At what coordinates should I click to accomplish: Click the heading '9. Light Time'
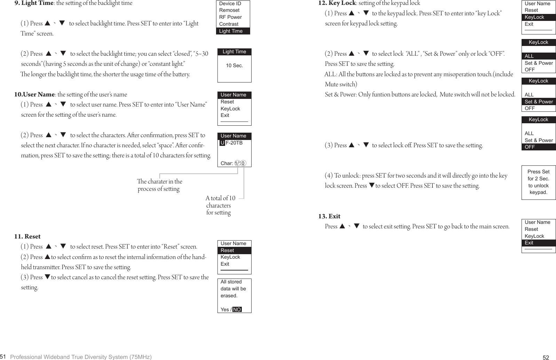pos(34,3)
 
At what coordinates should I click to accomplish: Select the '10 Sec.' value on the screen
pos(235,65)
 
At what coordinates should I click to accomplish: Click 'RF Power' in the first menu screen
pos(230,17)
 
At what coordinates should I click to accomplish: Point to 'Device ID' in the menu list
pos(230,3)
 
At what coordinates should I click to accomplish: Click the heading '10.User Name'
pos(34,94)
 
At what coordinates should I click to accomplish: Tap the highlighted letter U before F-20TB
pos(222,143)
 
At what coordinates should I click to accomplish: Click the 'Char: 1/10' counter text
pos(232,163)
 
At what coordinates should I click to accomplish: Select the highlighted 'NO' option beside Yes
pos(237,310)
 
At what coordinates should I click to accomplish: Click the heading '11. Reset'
pos(27,236)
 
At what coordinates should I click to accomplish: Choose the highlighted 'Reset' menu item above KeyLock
pos(228,250)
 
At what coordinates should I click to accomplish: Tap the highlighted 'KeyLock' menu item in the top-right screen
pos(534,17)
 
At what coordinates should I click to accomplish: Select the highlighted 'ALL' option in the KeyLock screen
pos(529,56)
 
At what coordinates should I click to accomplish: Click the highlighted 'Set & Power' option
pos(539,102)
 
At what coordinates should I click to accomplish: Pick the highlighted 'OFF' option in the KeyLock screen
pos(530,147)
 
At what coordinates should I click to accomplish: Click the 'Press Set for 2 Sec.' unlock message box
pos(539,182)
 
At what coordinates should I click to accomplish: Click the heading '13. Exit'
pos(329,216)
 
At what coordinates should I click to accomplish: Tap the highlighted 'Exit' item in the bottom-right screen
pos(529,243)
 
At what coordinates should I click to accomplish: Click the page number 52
pos(546,358)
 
